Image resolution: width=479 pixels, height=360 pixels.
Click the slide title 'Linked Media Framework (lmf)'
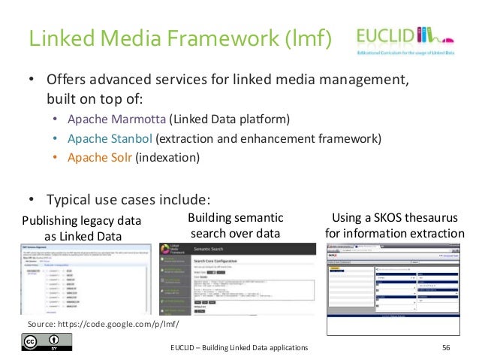[179, 37]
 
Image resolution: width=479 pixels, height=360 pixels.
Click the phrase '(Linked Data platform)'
[228, 119]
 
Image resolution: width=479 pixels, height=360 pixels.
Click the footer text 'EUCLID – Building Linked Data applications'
[239, 348]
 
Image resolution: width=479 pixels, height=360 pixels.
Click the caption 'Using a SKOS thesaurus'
[394, 218]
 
